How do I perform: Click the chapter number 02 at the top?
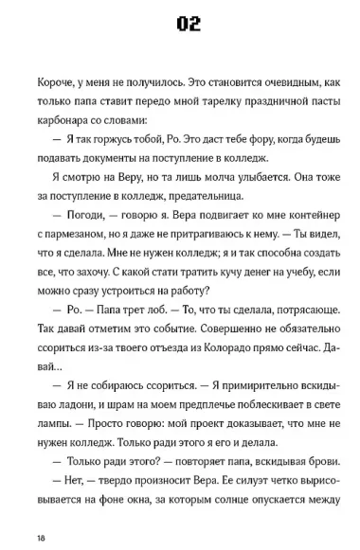click(180, 25)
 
